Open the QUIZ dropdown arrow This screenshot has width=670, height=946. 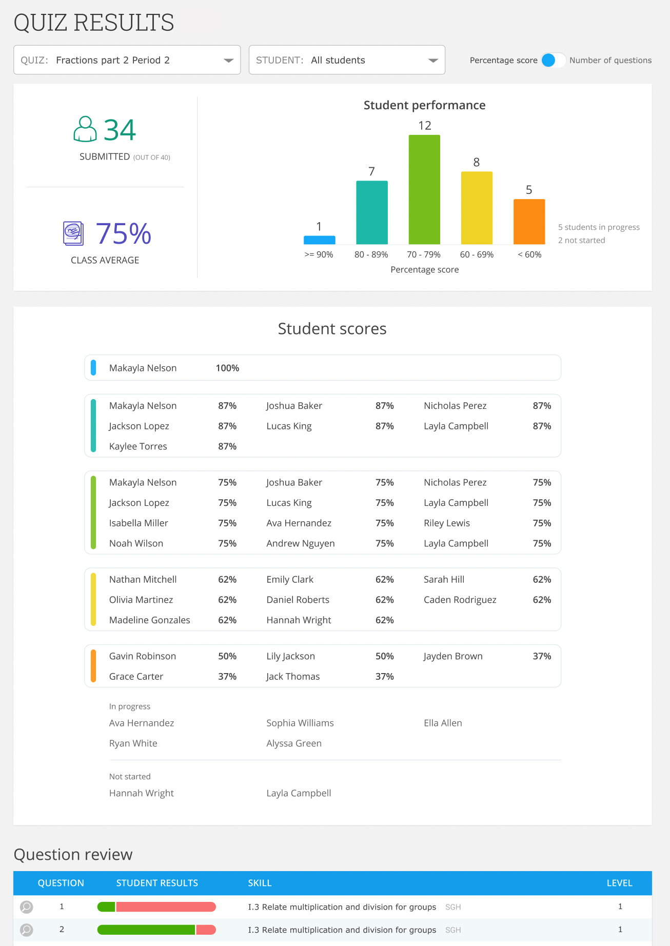(x=228, y=61)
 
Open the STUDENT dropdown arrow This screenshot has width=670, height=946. (x=433, y=61)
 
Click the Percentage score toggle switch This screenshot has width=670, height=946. (x=553, y=60)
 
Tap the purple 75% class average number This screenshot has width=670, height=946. (x=124, y=234)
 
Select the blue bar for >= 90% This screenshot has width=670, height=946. (x=319, y=240)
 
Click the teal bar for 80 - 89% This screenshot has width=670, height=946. (x=372, y=212)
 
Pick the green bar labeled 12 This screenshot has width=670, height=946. (x=424, y=189)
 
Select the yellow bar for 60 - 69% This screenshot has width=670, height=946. (x=477, y=208)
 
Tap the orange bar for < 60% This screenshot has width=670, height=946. (x=529, y=222)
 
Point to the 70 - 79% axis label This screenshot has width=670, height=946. (x=424, y=254)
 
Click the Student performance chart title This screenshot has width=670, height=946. (x=424, y=105)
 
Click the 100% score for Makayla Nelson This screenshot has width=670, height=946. (x=227, y=368)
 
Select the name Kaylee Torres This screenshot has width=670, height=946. (x=138, y=446)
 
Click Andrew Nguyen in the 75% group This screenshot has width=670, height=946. (x=300, y=543)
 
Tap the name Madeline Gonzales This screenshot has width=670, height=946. (x=149, y=620)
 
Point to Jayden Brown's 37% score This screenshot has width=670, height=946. (x=542, y=656)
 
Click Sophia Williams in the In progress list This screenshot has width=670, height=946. (x=300, y=723)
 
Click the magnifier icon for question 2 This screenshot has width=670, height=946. (x=27, y=930)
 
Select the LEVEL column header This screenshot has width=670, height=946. (x=619, y=883)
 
